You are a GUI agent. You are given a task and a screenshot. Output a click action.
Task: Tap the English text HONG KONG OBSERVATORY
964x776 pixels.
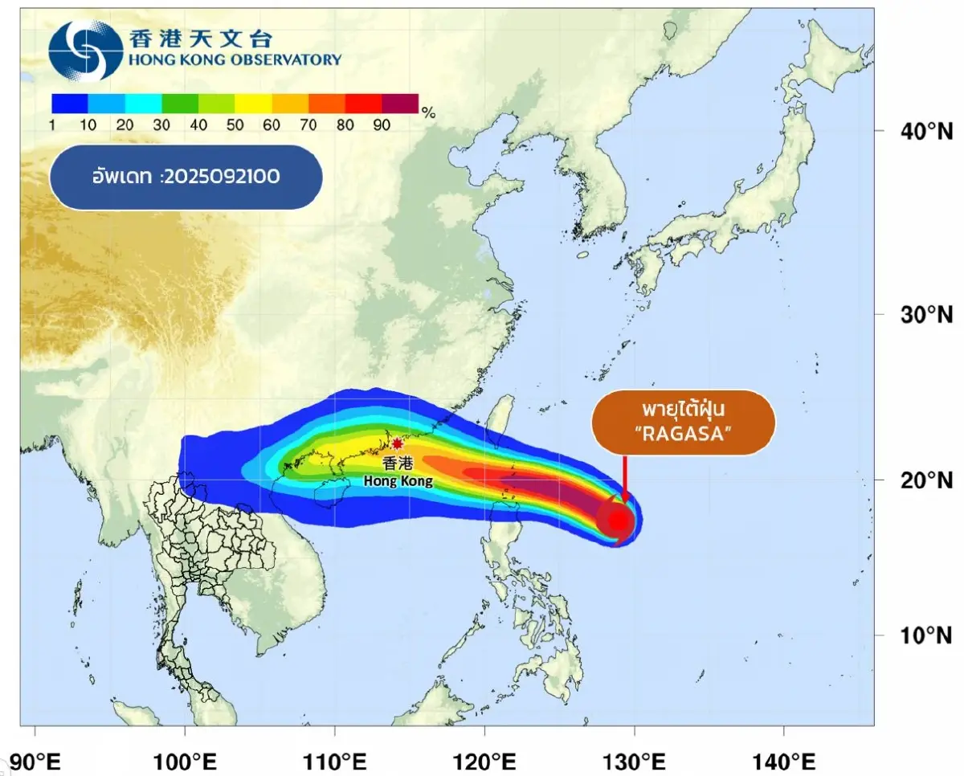point(234,59)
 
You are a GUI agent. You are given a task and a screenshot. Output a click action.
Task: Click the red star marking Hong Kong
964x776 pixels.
point(397,443)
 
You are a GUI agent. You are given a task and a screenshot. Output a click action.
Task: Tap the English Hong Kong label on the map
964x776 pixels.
point(398,481)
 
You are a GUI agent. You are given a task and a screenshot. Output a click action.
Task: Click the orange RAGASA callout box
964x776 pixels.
point(684,423)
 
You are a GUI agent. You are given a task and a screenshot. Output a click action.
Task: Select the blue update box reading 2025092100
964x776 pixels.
point(186,178)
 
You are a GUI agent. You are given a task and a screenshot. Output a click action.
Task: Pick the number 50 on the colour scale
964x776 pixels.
point(235,125)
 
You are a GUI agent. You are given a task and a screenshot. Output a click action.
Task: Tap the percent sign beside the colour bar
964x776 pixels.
point(428,113)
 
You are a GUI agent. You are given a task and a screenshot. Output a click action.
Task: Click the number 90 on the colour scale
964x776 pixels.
point(382,125)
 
